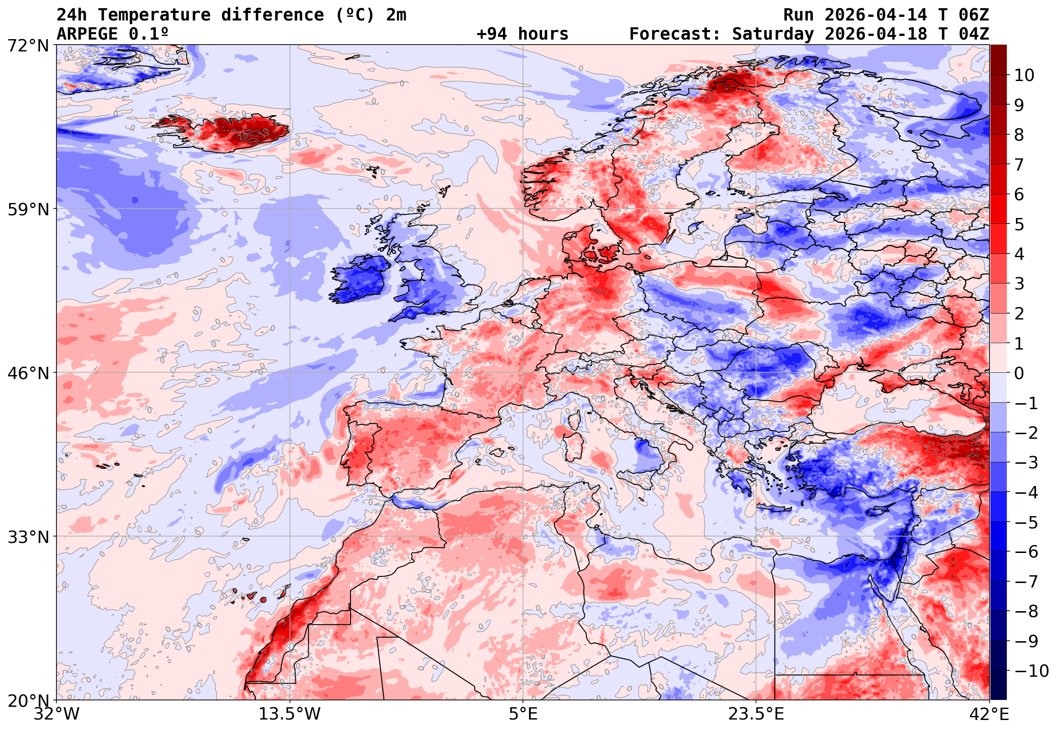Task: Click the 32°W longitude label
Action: [x=56, y=714]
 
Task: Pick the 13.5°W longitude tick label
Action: [x=289, y=714]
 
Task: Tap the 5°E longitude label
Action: [x=523, y=714]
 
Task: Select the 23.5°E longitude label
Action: [x=756, y=714]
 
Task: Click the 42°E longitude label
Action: [x=989, y=714]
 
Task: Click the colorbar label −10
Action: [x=1031, y=671]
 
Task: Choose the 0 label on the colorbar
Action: [x=1019, y=373]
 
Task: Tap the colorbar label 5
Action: [x=1019, y=224]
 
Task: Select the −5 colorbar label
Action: [x=1026, y=522]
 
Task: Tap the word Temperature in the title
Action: [x=154, y=15]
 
